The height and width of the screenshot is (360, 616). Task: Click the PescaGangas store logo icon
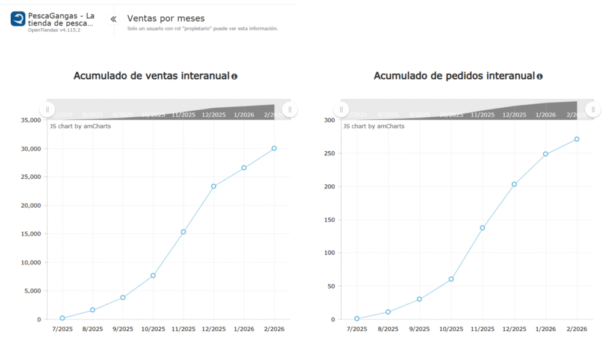18,19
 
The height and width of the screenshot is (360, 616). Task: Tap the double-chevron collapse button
113,19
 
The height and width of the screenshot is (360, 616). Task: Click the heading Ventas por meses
165,19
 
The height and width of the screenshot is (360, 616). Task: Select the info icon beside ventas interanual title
234,76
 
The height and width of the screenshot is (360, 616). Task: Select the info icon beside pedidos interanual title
540,76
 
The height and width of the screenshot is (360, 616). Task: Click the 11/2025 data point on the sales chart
183,232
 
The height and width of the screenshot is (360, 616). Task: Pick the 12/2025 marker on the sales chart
214,186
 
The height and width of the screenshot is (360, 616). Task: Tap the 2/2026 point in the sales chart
274,148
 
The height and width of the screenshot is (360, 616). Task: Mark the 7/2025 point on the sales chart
63,318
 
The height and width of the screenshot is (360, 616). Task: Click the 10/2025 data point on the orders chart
451,279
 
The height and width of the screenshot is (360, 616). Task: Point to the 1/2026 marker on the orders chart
546,154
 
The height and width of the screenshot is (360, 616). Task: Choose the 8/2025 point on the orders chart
388,312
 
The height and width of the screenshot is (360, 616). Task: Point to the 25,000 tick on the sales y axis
30,177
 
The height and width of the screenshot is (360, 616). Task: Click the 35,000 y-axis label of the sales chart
30,120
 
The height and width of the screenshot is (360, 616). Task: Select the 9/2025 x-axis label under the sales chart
123,329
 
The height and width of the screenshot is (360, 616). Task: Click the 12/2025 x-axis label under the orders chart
514,329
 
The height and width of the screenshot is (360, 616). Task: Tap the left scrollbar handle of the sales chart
47,110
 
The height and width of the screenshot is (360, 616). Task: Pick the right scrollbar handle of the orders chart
593,110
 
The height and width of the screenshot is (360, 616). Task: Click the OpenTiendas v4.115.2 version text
54,29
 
